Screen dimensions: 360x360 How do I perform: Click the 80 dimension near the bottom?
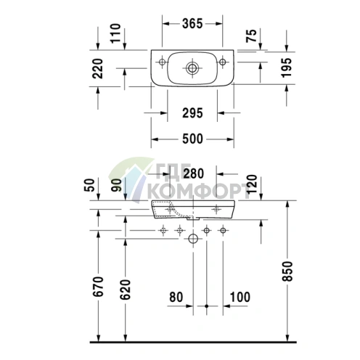[x=177, y=297]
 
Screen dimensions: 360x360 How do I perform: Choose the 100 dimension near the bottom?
[x=240, y=297]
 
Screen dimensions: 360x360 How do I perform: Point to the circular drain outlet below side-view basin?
[x=193, y=238]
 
